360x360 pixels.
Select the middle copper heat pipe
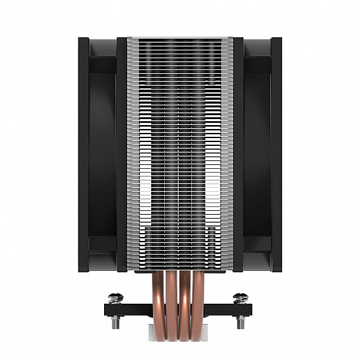(180, 308)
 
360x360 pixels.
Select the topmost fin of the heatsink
(180, 39)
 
